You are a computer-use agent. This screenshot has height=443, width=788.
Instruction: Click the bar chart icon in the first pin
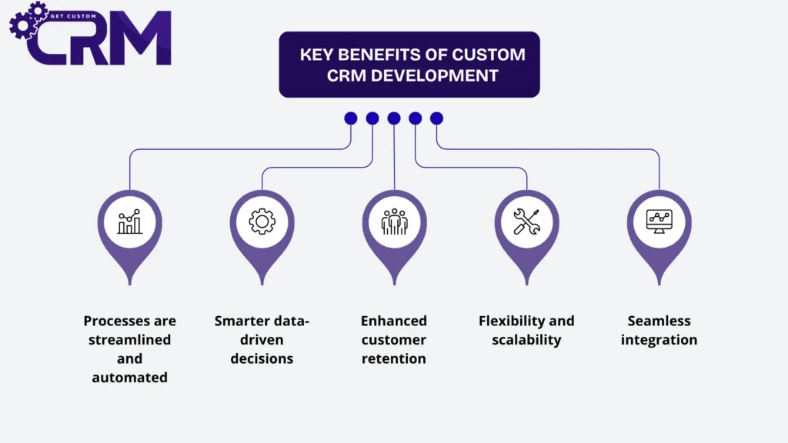click(129, 221)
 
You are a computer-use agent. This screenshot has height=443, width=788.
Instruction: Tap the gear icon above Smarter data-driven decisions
click(262, 221)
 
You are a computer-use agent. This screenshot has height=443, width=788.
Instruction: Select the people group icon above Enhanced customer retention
click(395, 221)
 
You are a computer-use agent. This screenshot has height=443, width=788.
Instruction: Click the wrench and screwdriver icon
click(527, 221)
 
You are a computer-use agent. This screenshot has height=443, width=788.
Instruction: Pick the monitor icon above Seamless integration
click(659, 221)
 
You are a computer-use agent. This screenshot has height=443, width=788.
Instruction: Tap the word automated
click(129, 377)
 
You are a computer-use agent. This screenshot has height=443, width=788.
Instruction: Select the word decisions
click(262, 358)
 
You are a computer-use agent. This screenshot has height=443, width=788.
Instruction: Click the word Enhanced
click(394, 321)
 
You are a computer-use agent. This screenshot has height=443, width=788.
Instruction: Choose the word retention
click(394, 358)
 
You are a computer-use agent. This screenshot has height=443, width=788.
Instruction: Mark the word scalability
click(526, 339)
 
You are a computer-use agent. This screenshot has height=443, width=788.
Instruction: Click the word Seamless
click(659, 321)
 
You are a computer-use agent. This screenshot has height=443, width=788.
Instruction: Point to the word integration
click(659, 339)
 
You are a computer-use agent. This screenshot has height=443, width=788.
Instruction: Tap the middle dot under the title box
click(394, 118)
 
